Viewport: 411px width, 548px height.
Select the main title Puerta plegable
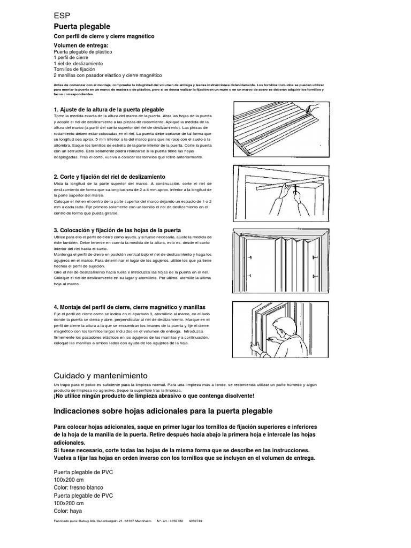click(82, 26)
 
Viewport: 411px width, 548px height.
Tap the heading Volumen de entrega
click(85, 45)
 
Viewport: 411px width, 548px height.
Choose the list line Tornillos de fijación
click(74, 69)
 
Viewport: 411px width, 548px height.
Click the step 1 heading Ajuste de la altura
click(109, 109)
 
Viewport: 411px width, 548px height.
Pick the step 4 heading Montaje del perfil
click(130, 307)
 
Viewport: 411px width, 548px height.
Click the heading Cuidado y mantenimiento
click(101, 376)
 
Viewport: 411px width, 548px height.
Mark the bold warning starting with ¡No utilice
click(154, 395)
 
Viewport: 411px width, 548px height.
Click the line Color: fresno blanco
click(79, 488)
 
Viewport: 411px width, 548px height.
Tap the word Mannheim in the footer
click(142, 521)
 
